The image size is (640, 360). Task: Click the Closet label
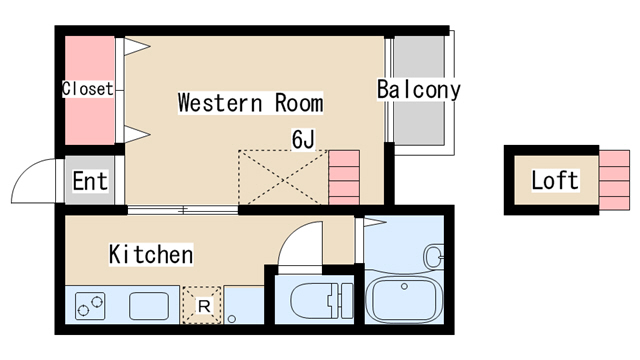point(88,89)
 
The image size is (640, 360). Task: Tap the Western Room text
point(250,103)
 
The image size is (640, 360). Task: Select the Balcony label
point(418,90)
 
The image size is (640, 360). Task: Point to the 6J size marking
point(303,138)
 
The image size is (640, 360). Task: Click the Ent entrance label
point(90,183)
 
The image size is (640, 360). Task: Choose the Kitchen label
point(150,255)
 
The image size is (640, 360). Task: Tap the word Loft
point(554,181)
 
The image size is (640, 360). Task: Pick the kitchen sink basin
point(148,305)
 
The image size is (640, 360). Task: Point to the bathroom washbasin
point(434,257)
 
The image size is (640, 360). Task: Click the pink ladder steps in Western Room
point(343,177)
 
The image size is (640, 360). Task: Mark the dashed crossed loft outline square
point(282,178)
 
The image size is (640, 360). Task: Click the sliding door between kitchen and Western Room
point(183,210)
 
